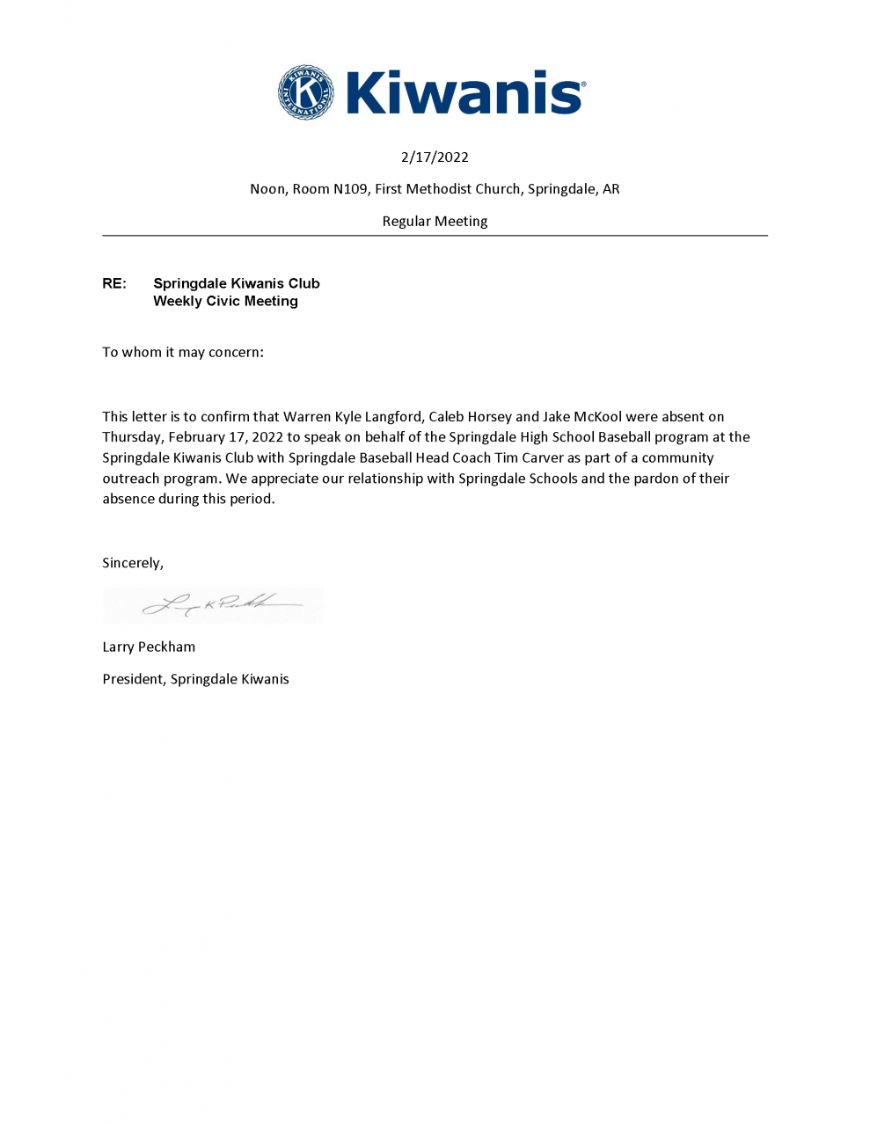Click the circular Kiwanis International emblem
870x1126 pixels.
tap(305, 92)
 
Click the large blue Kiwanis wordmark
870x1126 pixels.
tap(464, 93)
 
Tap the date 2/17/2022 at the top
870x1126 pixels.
tap(435, 157)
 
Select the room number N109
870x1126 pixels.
tap(350, 189)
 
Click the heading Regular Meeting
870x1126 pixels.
tap(435, 222)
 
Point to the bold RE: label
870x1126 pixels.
tap(114, 283)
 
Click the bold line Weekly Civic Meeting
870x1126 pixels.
tap(225, 301)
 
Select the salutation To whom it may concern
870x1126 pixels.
tap(183, 352)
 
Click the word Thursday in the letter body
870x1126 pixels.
tap(132, 437)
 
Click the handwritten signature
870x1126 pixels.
tap(220, 604)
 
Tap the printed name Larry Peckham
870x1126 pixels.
tap(149, 647)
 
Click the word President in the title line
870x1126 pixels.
tap(133, 679)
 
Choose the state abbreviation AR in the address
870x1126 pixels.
tap(610, 189)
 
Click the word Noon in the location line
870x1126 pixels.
tap(267, 189)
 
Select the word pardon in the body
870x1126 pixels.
tap(655, 479)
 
